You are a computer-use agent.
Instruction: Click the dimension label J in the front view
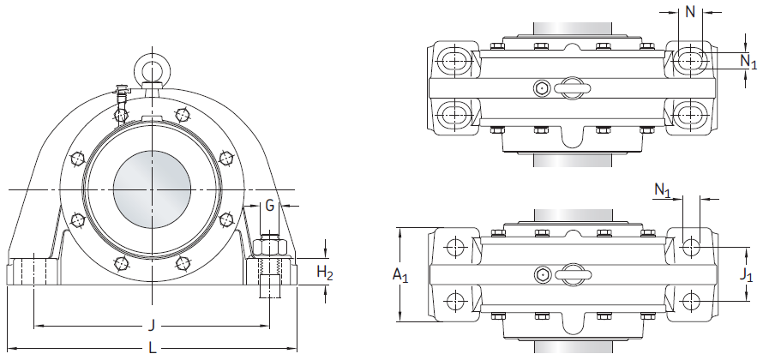[153, 324]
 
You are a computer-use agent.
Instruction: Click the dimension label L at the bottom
[153, 347]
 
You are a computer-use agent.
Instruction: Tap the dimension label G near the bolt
[269, 206]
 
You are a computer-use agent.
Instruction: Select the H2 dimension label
[325, 273]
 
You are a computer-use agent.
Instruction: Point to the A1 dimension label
[400, 275]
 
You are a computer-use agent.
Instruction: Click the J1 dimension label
[746, 274]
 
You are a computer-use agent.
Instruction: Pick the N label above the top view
[690, 12]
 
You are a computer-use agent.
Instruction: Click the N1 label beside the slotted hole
[748, 62]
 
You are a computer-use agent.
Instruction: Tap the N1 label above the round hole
[663, 189]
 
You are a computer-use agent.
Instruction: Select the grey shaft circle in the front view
[153, 189]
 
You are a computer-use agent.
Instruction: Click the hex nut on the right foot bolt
[270, 247]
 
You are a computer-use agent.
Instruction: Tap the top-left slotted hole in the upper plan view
[454, 60]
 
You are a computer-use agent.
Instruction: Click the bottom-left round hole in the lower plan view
[455, 301]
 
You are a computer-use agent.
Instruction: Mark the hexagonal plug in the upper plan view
[541, 88]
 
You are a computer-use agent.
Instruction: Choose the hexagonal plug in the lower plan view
[542, 275]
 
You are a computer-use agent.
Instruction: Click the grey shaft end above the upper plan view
[573, 28]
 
